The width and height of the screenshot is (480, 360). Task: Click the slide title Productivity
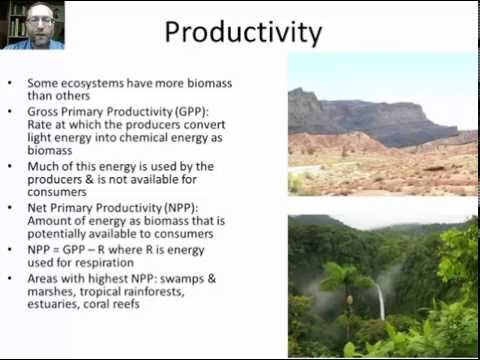click(243, 32)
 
